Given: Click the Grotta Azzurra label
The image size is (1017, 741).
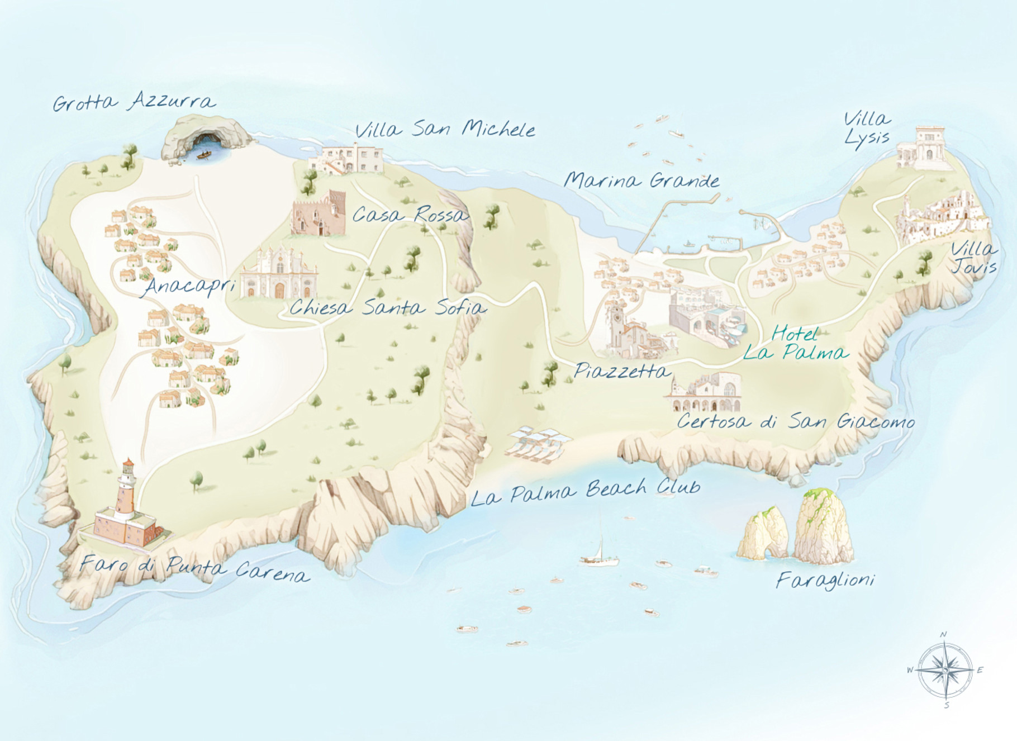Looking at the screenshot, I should (x=134, y=102).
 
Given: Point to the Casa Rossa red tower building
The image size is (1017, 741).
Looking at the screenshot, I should (x=319, y=214).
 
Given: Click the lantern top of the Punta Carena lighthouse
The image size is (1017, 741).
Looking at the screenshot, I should (x=129, y=467).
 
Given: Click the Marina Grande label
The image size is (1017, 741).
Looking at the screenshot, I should (x=641, y=180).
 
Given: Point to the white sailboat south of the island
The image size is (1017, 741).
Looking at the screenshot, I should (x=600, y=553).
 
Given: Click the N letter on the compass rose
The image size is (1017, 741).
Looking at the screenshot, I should (x=944, y=634).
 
